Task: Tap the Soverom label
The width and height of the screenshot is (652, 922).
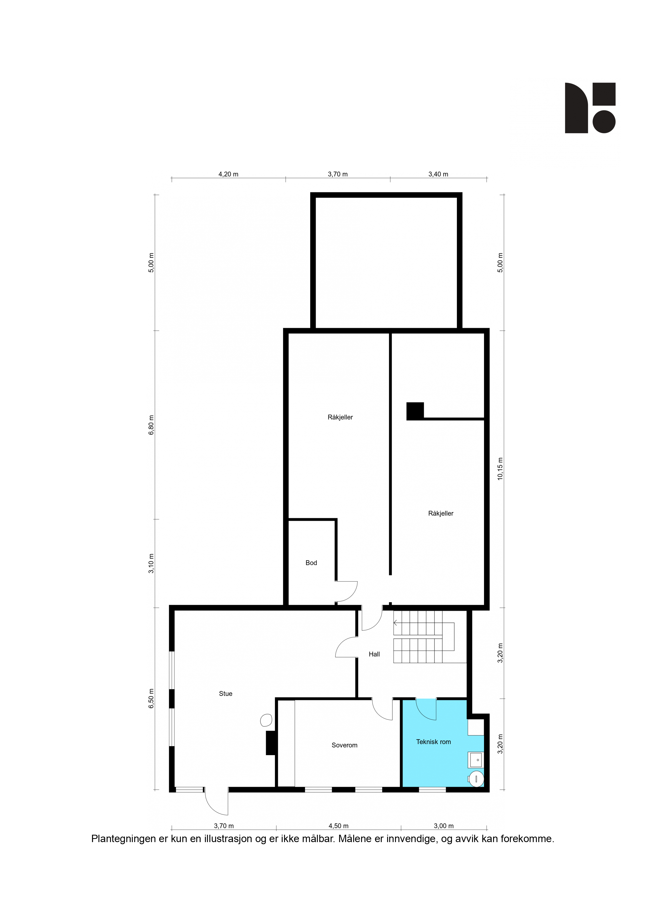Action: click(x=344, y=745)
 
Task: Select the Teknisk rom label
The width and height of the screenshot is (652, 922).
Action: click(x=434, y=742)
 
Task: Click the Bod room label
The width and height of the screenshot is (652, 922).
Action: click(x=311, y=563)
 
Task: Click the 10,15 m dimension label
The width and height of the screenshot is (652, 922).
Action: click(x=500, y=469)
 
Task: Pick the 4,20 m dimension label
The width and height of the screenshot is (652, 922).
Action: click(x=228, y=174)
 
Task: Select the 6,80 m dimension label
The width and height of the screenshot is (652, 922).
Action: click(x=151, y=425)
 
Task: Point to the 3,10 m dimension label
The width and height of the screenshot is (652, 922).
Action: click(x=151, y=564)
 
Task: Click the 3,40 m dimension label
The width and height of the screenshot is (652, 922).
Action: click(x=438, y=174)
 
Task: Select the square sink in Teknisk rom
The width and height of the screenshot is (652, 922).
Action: click(x=476, y=760)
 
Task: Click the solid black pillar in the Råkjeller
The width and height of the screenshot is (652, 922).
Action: click(x=415, y=411)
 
